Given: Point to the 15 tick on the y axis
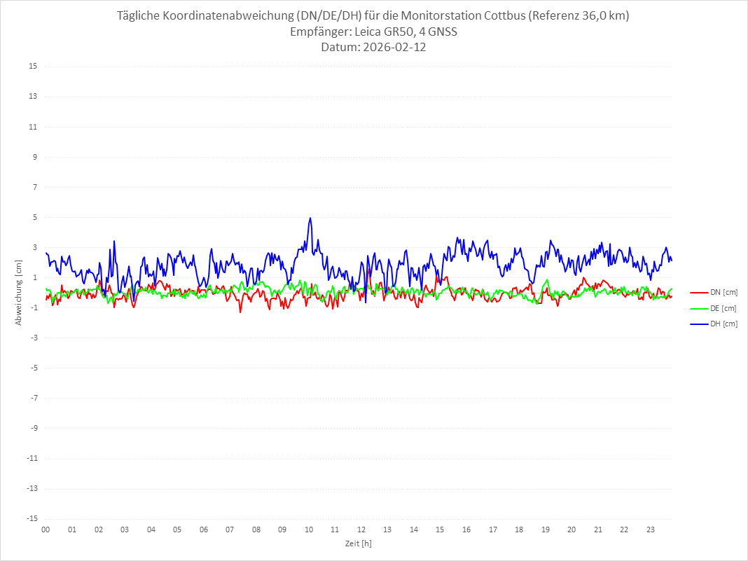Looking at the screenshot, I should [x=32, y=67].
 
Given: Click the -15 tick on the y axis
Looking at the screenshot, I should [x=31, y=519].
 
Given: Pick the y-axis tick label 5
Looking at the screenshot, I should [x=34, y=217].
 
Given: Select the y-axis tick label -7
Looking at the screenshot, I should [x=33, y=398].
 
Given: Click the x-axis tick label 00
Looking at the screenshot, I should [x=46, y=529].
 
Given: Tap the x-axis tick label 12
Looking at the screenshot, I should [x=361, y=529].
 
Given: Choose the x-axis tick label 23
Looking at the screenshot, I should [x=651, y=529].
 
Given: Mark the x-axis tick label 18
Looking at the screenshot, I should [x=519, y=529].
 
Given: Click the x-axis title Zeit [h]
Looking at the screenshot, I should [x=358, y=543].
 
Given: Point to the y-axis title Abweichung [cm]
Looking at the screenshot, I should [x=19, y=293].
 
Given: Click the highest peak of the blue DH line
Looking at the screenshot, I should [x=310, y=218].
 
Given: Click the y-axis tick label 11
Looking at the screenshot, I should [x=32, y=127].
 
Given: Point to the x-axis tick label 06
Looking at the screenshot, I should [x=203, y=529].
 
